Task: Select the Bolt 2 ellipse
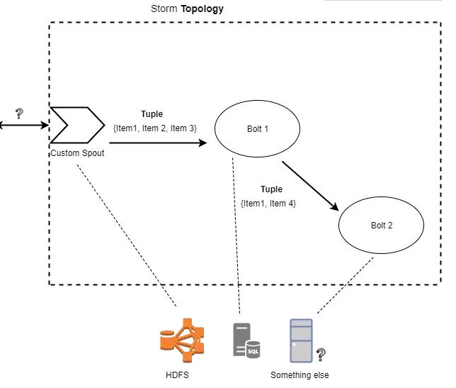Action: (381, 226)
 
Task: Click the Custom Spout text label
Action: (77, 153)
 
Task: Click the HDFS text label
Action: (181, 375)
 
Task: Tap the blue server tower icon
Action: (301, 340)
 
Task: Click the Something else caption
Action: (300, 375)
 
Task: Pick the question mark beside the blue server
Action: (321, 353)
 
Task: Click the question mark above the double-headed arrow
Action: (19, 112)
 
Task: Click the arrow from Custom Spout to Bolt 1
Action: (157, 143)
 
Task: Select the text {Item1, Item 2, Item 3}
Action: (154, 128)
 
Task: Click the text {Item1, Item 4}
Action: (268, 204)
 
